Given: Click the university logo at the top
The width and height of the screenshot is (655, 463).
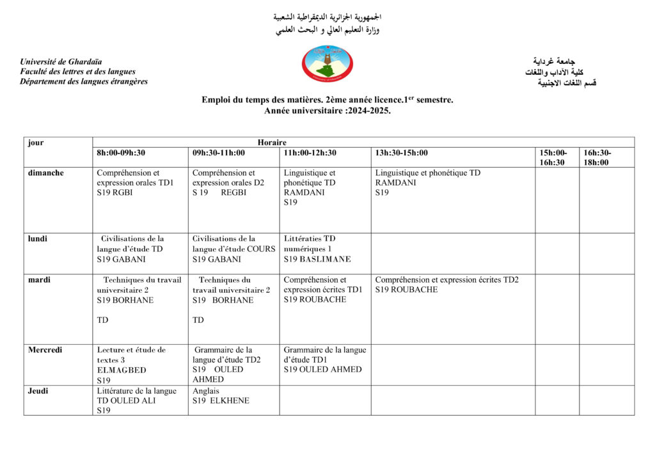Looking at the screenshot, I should [x=327, y=64].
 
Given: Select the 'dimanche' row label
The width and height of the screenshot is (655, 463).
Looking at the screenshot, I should [x=45, y=173].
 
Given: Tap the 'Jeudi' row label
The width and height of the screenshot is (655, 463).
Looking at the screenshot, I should [x=38, y=391].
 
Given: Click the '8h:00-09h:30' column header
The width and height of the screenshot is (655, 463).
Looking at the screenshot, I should [x=121, y=153].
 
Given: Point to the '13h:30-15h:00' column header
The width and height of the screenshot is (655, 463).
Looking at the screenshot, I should [x=402, y=153].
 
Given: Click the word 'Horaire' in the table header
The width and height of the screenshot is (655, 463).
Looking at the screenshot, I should [x=272, y=143].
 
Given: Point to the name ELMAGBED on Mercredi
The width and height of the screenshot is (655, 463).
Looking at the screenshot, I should [x=122, y=370].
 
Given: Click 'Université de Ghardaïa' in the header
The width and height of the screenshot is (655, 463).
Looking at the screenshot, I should [x=61, y=61].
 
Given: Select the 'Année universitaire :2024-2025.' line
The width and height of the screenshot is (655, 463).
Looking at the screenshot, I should [x=327, y=111].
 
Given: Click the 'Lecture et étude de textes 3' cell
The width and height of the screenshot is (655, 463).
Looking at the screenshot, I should [x=131, y=355].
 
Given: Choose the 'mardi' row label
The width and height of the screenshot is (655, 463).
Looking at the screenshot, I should [x=40, y=279].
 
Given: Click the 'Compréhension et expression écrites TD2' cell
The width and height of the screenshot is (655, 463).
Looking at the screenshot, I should [x=446, y=279].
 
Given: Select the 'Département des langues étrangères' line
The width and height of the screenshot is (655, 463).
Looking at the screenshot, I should [x=84, y=81].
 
